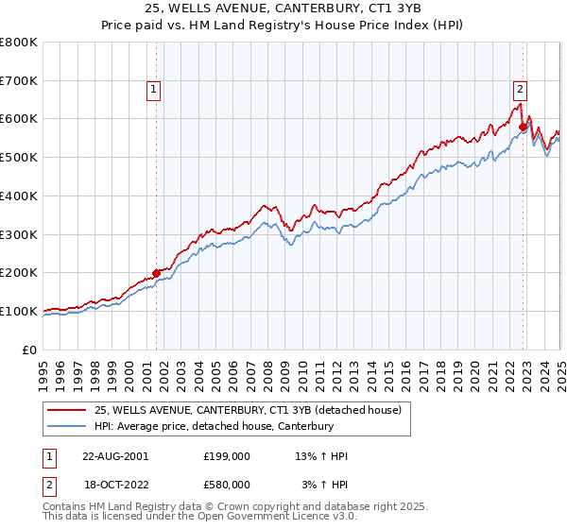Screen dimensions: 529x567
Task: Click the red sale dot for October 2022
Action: [523, 127]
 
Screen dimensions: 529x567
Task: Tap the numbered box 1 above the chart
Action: [153, 90]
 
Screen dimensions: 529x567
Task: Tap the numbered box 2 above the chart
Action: [520, 90]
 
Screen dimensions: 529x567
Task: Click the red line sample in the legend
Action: [66, 410]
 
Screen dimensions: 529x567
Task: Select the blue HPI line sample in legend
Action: [66, 426]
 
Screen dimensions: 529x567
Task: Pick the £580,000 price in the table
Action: [227, 484]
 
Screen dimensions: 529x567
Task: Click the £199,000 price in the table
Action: [227, 456]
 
